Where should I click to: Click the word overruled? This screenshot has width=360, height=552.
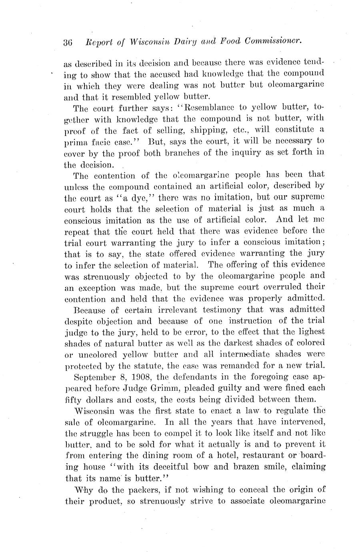click(287, 287)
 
